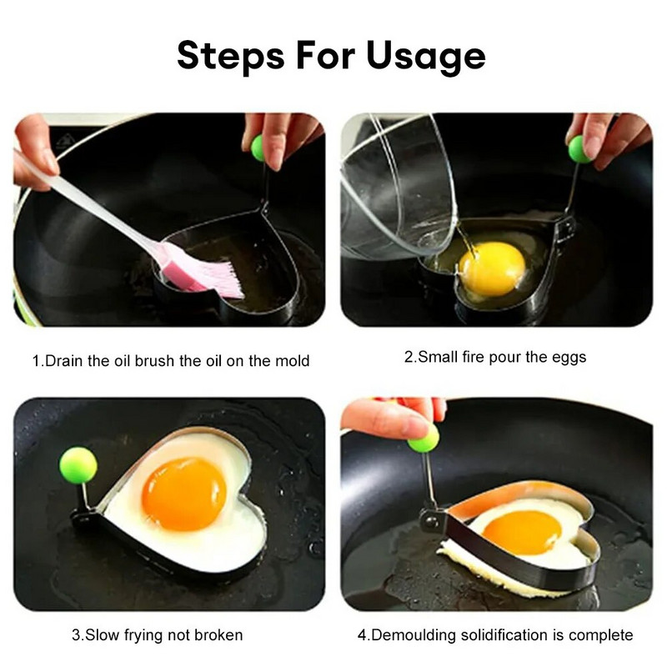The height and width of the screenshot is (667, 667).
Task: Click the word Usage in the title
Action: pos(426,57)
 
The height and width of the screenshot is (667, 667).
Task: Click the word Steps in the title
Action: pos(231,57)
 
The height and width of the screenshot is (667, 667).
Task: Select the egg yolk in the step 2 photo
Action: pos(493,268)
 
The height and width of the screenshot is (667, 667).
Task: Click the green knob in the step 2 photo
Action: pos(579,149)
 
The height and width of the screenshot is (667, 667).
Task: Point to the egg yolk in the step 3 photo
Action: pos(183,494)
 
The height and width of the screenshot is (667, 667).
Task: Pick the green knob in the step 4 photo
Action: pos(424,439)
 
